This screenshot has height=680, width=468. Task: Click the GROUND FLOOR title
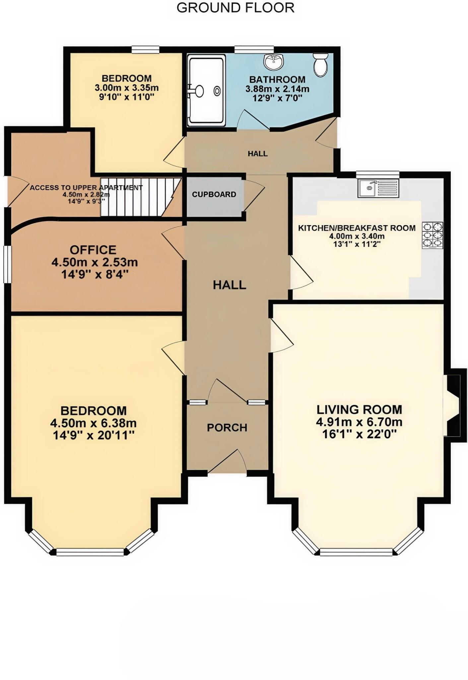(235, 8)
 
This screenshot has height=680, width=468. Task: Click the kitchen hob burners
(433, 235)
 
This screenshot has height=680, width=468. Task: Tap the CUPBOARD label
(214, 194)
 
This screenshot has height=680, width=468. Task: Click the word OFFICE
(93, 250)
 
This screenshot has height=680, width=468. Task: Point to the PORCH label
(227, 428)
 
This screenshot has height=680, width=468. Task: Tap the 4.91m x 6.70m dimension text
(359, 422)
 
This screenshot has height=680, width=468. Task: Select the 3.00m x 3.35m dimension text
(127, 88)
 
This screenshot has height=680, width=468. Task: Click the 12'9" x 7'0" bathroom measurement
(277, 98)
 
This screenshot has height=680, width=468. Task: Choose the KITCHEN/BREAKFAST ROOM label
(357, 228)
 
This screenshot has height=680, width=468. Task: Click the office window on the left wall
(7, 264)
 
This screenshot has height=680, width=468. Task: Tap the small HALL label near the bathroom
(257, 154)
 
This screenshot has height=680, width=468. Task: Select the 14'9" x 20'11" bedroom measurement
(94, 435)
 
